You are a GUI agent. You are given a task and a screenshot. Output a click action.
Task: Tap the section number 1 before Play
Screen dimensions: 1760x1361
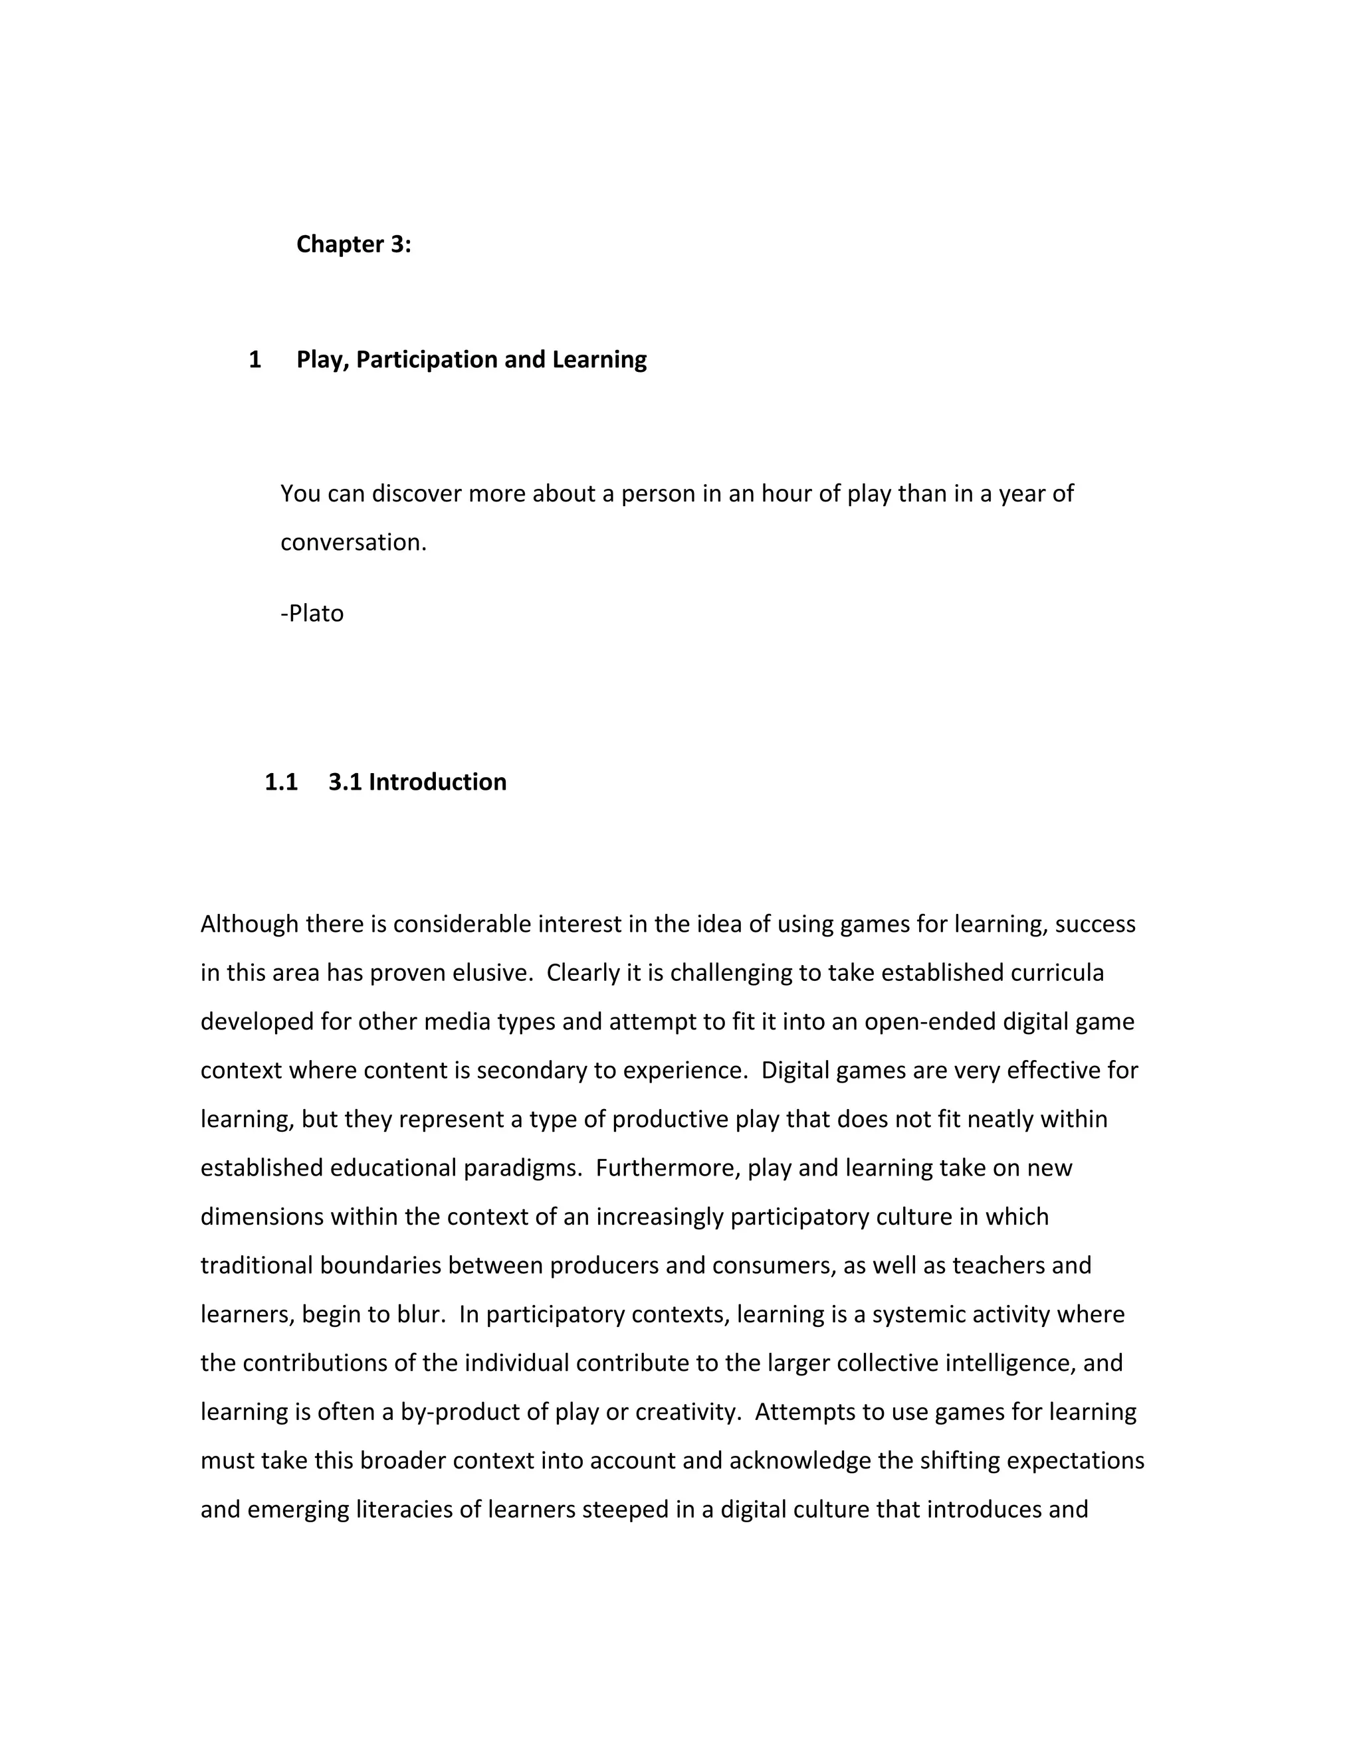(255, 359)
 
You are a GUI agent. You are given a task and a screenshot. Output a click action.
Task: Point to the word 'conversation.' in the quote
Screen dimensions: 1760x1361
(353, 543)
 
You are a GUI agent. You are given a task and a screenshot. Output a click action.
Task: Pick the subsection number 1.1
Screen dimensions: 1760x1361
(280, 782)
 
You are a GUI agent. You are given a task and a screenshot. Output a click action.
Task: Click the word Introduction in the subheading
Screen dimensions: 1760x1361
(437, 782)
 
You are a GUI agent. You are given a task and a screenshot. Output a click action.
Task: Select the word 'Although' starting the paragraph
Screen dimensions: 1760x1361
(249, 924)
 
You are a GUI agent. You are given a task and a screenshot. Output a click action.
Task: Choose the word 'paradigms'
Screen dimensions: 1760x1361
(522, 1168)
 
